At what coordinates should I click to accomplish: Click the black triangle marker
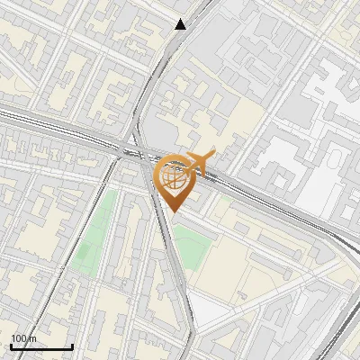point(181,24)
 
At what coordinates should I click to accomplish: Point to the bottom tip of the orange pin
point(173,212)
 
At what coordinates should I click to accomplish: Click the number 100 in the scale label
point(19,338)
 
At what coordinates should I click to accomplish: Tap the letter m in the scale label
point(34,338)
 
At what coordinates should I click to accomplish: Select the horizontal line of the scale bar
point(41,346)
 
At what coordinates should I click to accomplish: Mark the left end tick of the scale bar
point(11,345)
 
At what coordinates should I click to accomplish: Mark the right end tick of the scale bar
point(72,345)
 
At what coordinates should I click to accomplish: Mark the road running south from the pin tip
point(179,270)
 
